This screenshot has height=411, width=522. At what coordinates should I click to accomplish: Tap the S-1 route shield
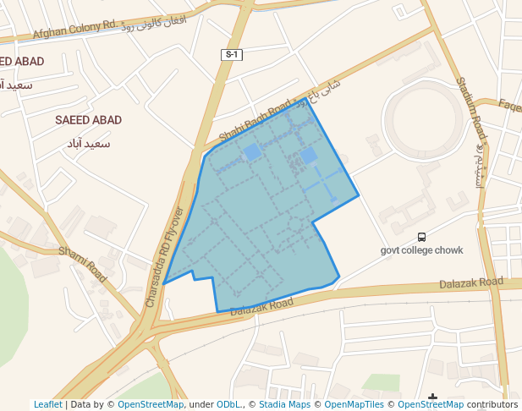click(x=232, y=55)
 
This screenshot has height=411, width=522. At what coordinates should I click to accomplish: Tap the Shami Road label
click(x=83, y=263)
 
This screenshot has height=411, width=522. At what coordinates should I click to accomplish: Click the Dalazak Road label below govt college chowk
click(x=471, y=283)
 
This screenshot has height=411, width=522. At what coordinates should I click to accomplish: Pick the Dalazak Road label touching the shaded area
click(x=261, y=306)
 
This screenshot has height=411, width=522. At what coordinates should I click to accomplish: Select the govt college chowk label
click(x=421, y=250)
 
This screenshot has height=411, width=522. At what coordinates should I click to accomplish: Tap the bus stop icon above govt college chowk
click(x=421, y=238)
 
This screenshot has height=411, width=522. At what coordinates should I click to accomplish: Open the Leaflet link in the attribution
click(x=47, y=404)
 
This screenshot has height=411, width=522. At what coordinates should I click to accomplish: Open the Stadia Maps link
click(x=284, y=404)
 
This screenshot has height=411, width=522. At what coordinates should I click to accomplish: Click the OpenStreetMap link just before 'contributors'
click(x=431, y=404)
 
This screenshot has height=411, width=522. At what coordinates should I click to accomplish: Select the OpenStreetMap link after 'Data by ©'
click(x=151, y=404)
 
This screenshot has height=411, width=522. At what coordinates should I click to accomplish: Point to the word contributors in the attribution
click(x=492, y=404)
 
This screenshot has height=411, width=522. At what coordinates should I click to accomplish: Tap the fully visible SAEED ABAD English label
click(x=88, y=120)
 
